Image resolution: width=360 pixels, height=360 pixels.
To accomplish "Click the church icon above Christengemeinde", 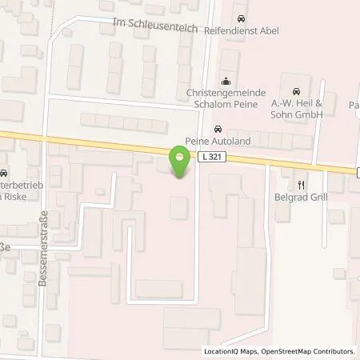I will tap(226, 80).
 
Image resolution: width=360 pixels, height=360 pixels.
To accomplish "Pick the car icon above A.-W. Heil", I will tap(297, 90).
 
